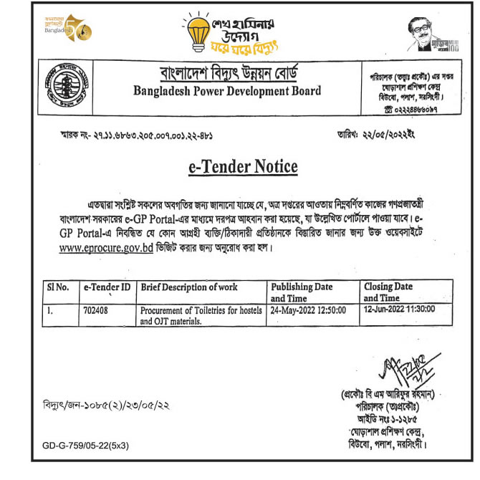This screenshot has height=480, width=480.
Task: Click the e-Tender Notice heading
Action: coord(242,167)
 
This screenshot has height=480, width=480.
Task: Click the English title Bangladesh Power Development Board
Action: coord(227,91)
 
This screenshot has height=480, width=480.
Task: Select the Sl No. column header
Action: coord(57,287)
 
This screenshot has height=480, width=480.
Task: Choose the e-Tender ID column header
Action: coord(107,287)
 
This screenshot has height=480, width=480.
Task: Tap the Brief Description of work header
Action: coord(189,287)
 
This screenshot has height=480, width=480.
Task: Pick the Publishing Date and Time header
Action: coord(302,292)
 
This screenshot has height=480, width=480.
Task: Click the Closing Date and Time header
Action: coord(388,292)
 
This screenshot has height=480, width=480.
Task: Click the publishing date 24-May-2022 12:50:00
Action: coord(308,312)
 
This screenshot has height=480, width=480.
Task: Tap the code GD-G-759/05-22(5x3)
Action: coord(85,446)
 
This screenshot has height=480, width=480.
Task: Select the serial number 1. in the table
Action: coord(51,312)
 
